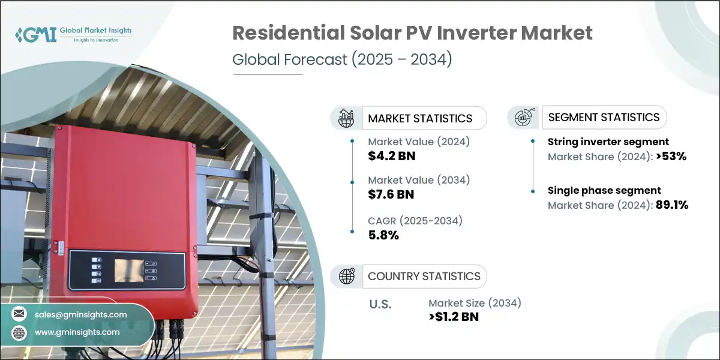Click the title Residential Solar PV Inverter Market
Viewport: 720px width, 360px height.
pos(413,33)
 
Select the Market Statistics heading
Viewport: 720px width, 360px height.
pos(420,118)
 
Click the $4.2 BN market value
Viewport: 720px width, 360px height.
pos(391,156)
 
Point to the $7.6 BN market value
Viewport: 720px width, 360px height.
pos(391,194)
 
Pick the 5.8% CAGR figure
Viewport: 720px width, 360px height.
pos(383,235)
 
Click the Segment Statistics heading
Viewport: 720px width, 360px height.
pos(604,117)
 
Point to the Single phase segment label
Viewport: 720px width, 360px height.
pos(604,190)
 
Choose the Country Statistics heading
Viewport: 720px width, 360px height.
pos(424,276)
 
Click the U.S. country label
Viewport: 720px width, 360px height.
pos(379,304)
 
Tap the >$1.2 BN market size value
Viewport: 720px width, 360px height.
pos(454,317)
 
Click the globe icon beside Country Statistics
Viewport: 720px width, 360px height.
pos(346,276)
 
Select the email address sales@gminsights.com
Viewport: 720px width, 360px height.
pos(81,314)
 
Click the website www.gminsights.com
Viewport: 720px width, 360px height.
pos(77,332)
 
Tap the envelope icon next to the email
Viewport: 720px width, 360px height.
pos(20,314)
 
